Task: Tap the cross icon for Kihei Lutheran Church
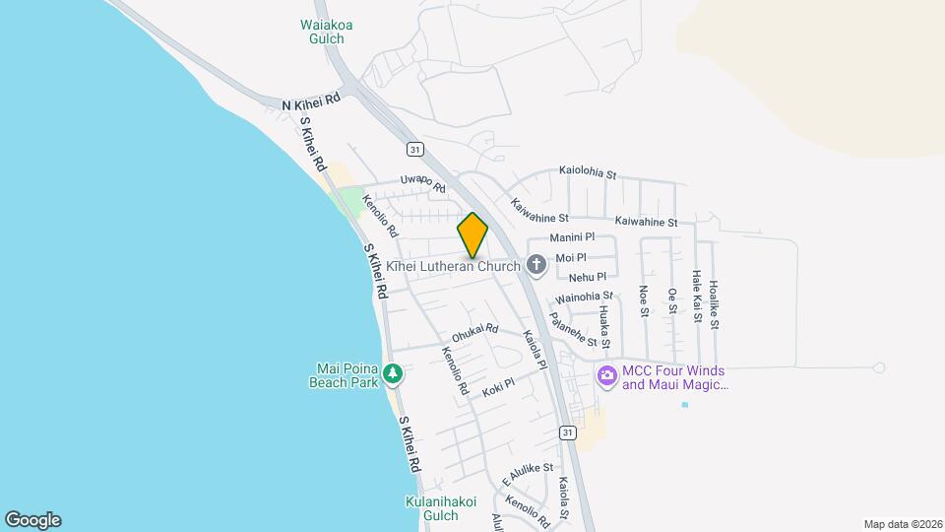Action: (536, 264)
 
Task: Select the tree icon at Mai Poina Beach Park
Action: (393, 373)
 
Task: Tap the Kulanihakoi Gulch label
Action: (440, 508)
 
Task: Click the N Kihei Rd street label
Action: (311, 101)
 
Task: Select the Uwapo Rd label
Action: (422, 181)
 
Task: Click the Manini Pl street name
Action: (572, 237)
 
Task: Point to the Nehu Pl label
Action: (588, 278)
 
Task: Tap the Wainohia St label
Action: (584, 296)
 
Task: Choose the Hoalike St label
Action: (715, 299)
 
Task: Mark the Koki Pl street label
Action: (498, 388)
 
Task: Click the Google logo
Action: (32, 520)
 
